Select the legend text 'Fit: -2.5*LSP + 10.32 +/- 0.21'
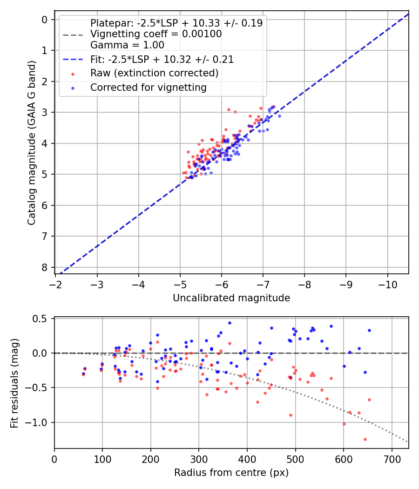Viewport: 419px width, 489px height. [x=162, y=60]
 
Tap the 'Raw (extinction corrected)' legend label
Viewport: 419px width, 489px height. [x=154, y=73]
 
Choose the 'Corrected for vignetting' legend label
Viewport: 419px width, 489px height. [x=148, y=87]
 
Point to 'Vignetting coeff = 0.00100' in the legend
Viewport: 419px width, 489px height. [x=156, y=34]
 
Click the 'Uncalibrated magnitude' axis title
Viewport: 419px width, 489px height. [x=231, y=298]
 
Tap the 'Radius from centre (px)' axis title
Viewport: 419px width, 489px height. [x=231, y=473]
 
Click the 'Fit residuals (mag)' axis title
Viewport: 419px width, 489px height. [x=14, y=383]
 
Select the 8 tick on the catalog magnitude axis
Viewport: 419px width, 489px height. [x=45, y=267]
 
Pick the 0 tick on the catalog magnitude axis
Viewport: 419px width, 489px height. [x=45, y=20]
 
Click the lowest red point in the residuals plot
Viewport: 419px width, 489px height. [x=365, y=439]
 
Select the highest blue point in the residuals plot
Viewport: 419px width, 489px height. [x=230, y=323]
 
